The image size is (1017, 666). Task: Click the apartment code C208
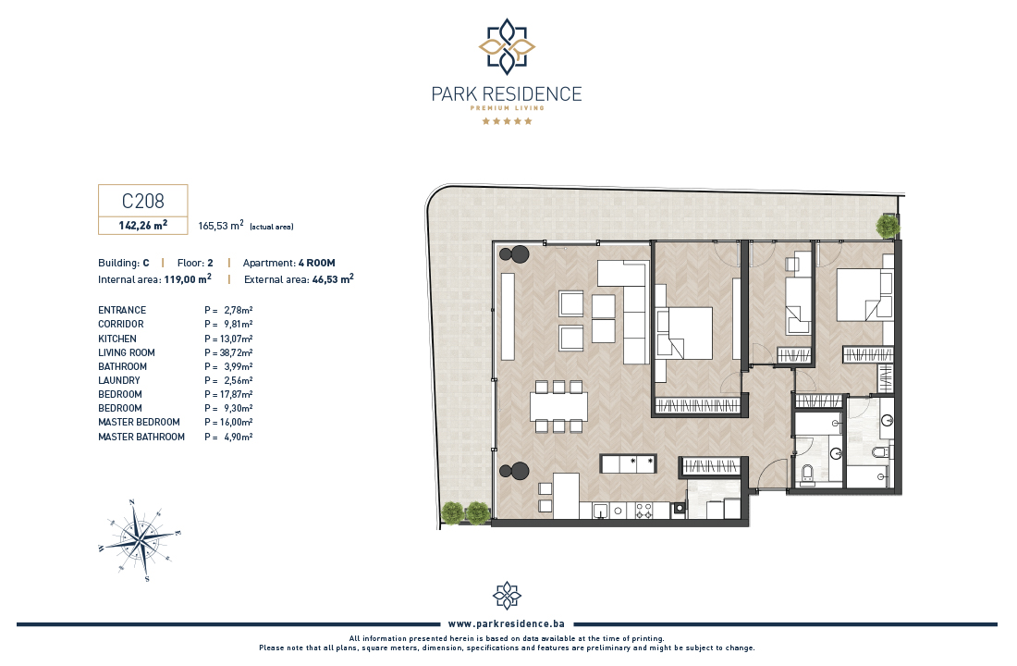pos(142,202)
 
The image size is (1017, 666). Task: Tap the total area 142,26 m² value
pos(142,226)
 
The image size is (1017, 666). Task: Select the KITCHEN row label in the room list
pos(117,339)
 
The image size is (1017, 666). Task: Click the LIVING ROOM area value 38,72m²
pos(236,352)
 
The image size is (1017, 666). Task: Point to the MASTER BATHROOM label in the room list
pos(141,437)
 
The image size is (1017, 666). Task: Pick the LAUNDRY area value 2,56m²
pos(238,380)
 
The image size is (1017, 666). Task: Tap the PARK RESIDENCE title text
pos(507,94)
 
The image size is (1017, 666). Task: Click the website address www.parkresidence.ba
pos(507,623)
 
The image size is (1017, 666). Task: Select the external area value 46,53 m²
pos(333,279)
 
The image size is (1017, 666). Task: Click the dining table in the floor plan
pos(558,407)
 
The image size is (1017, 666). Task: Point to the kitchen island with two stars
pos(629,463)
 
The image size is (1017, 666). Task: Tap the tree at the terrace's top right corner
pos(888,226)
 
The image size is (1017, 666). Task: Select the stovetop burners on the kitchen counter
pos(643,511)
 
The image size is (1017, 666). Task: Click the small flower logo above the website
pos(507,596)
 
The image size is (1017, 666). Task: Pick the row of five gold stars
pos(507,121)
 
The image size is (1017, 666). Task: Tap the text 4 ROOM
pos(316,263)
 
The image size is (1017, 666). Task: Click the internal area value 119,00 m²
pos(188,279)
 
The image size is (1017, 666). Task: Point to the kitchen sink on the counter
pos(601,511)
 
